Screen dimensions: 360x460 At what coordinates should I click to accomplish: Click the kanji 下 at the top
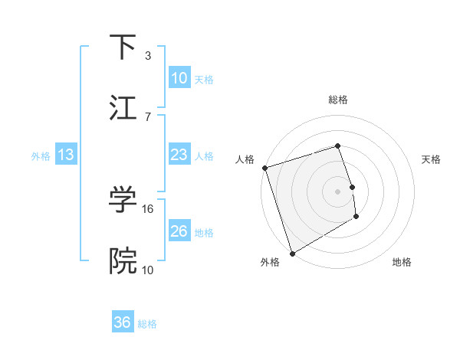pos(122,47)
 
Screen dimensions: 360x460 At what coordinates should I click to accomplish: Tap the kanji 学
pos(123,201)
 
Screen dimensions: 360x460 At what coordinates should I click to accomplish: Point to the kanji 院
pos(123,261)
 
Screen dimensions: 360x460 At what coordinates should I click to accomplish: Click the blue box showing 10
pos(179,78)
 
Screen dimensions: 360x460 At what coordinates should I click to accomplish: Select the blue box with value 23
pos(179,155)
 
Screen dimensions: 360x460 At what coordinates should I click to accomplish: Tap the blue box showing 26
pos(179,231)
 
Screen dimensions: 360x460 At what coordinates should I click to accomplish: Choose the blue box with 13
pos(66,155)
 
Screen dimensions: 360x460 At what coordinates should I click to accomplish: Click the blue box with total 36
pos(123,322)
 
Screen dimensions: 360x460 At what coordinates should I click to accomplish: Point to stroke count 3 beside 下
pos(148,56)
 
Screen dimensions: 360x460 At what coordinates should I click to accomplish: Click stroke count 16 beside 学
pos(149,208)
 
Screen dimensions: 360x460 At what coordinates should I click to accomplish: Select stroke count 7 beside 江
pos(148,116)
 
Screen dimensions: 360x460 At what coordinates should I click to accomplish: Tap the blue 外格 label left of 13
pos(41,156)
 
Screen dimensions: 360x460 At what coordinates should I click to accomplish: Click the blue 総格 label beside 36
pos(147,323)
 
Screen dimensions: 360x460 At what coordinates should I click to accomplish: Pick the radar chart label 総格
pos(338,100)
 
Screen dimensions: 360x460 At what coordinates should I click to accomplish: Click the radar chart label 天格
pos(432,159)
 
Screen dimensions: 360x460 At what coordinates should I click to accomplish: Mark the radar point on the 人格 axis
pos(264,168)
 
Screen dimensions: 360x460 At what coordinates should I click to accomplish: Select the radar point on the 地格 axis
pos(356,217)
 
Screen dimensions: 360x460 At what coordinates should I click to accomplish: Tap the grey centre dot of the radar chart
pos(337,191)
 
